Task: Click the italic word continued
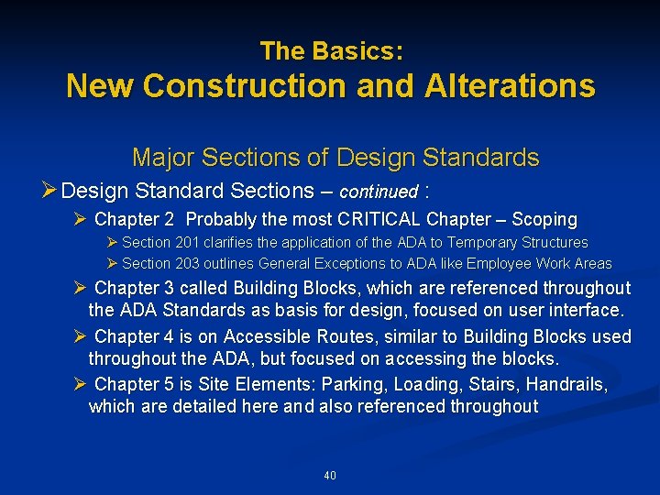379,192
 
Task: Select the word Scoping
544,220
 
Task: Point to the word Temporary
481,243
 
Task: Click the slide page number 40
330,476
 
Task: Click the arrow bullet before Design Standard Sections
50,191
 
